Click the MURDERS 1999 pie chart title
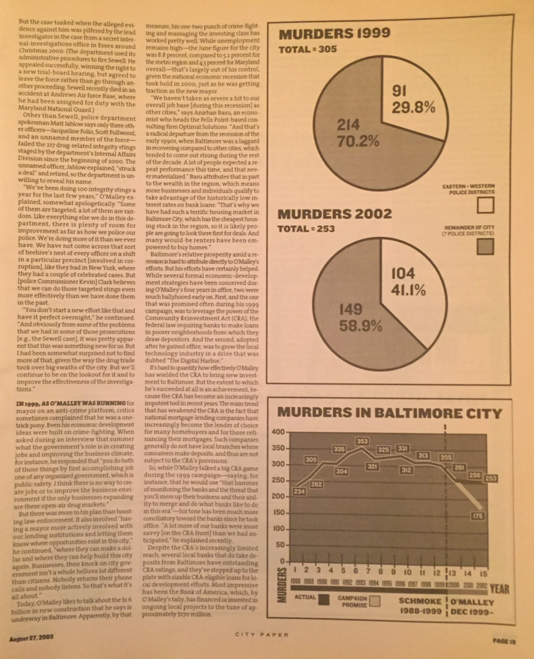(334, 34)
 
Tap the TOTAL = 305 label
(307, 49)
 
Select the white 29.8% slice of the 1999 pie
(412, 99)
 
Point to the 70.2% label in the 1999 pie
(358, 141)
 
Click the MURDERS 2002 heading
(335, 214)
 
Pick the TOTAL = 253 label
(306, 229)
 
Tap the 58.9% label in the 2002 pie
(360, 326)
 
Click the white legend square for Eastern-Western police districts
(486, 205)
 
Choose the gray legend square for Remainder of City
(486, 247)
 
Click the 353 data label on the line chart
(362, 441)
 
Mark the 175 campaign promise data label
(477, 516)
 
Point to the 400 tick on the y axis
(278, 432)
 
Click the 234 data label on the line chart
(299, 492)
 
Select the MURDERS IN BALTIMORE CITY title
(389, 413)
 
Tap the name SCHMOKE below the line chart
(420, 602)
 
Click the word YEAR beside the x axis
(499, 589)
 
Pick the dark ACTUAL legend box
(324, 600)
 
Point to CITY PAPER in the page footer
(262, 635)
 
